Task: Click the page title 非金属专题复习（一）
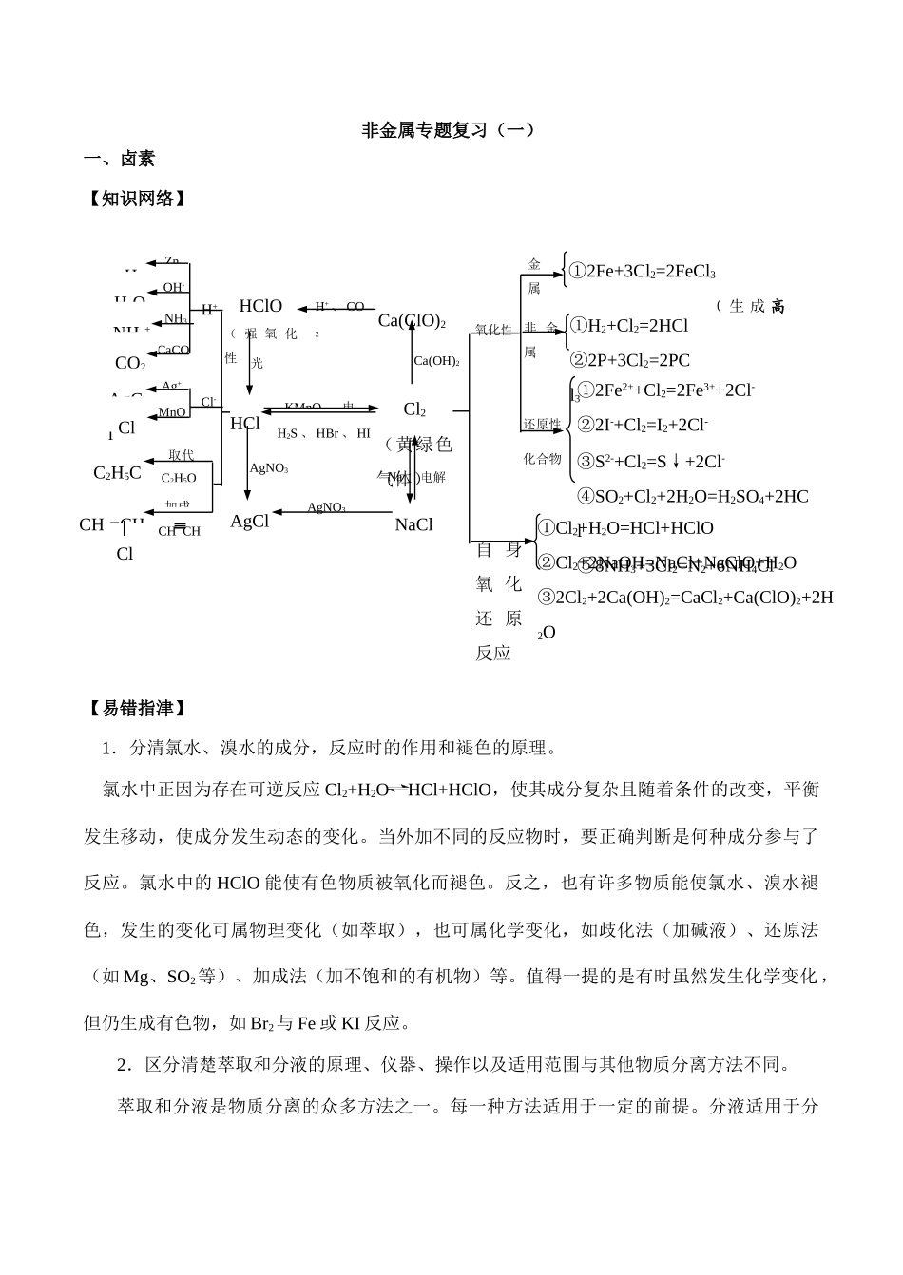(x=450, y=129)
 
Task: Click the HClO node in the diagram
(x=260, y=306)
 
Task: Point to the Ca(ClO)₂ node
(x=412, y=321)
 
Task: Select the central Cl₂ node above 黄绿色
(x=414, y=409)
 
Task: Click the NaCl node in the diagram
(x=413, y=524)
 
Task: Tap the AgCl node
(x=250, y=522)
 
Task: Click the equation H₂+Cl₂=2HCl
(x=628, y=326)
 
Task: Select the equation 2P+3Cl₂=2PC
(x=629, y=360)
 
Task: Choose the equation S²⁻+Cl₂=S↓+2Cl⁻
(x=651, y=462)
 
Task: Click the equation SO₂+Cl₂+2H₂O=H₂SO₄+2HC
(x=692, y=496)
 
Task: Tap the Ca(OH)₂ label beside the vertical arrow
(x=436, y=361)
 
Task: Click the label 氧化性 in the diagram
(x=493, y=330)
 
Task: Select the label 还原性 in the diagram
(x=542, y=424)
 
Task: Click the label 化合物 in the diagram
(x=543, y=459)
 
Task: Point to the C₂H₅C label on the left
(x=117, y=473)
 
